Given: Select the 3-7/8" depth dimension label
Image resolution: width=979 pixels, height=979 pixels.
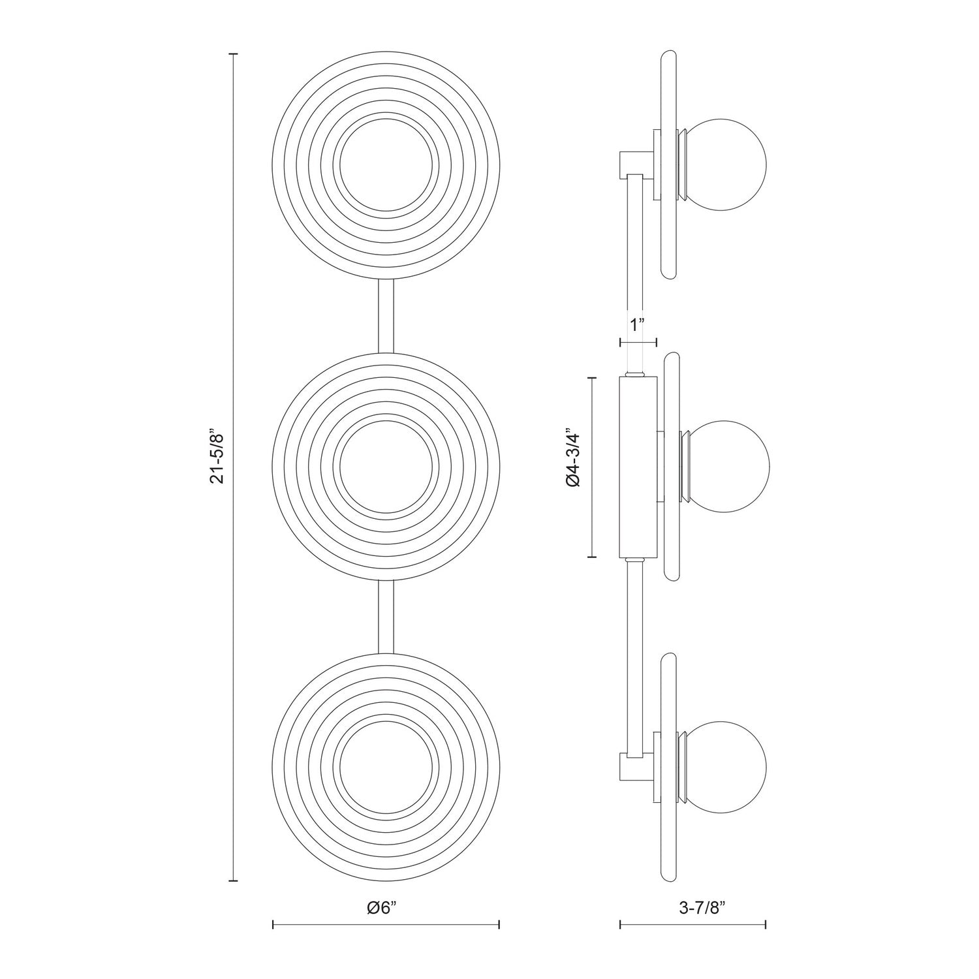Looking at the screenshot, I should [692, 907].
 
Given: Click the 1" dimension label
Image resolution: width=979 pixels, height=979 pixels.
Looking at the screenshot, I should [638, 324].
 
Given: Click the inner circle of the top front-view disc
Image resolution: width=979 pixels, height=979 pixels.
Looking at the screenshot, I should [386, 165].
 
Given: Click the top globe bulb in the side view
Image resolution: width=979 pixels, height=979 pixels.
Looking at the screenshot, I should [730, 165].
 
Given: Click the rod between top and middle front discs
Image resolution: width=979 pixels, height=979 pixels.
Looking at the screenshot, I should [386, 316].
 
